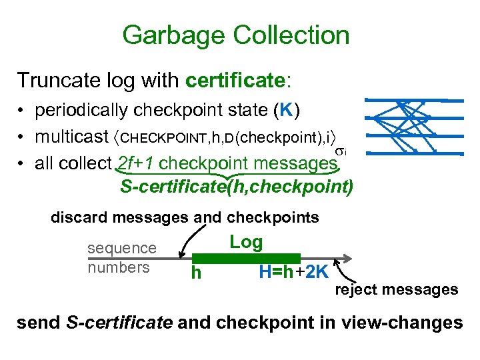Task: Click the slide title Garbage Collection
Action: coord(235,35)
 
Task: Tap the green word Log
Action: coord(246,242)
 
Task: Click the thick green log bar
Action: coord(247,258)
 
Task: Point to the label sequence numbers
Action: coord(121,258)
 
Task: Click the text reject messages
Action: coord(396,289)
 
